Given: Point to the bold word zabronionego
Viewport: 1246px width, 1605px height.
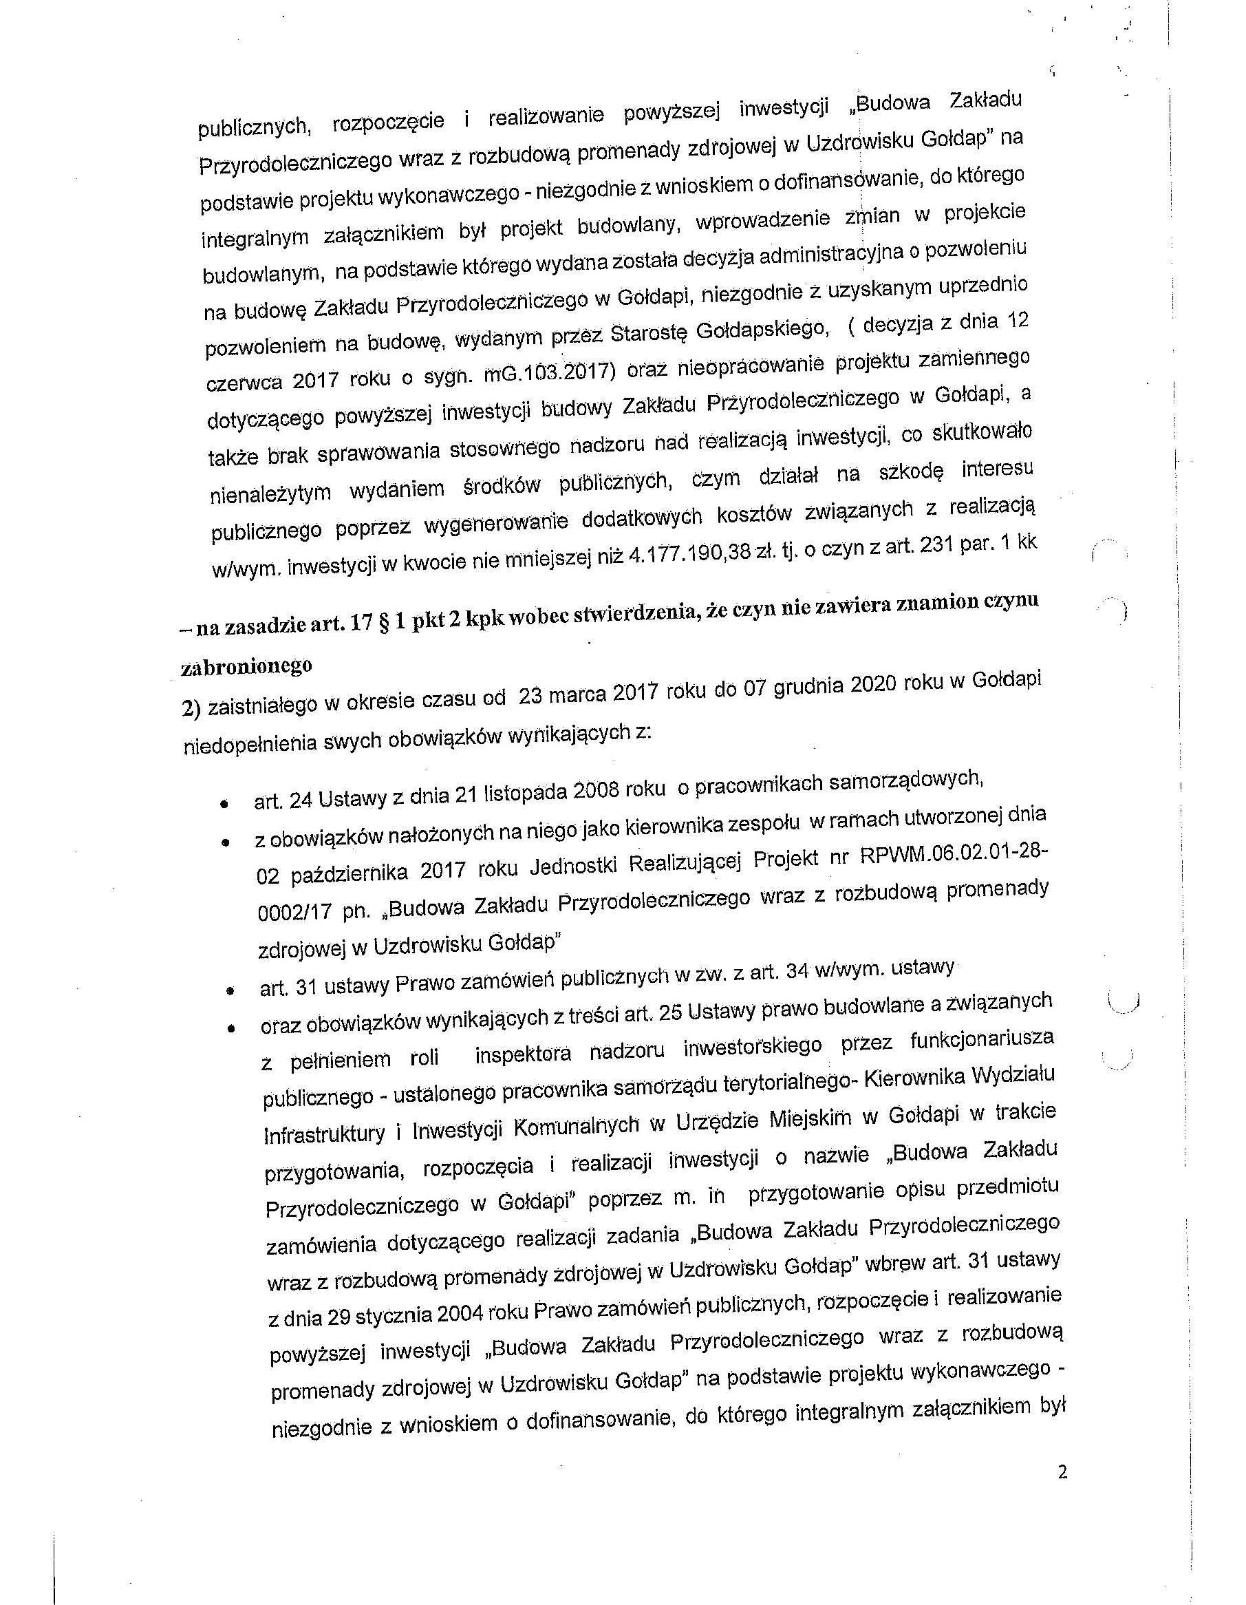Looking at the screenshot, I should coord(246,666).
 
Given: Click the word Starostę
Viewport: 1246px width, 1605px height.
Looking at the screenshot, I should coord(647,332).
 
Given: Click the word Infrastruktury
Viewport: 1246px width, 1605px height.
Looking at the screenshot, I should coord(324,1134).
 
